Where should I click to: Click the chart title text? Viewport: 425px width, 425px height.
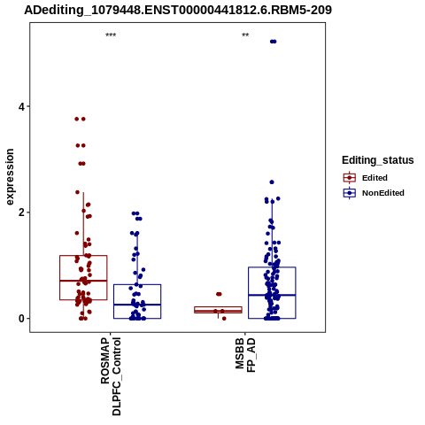[178, 10]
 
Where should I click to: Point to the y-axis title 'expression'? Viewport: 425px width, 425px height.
[10, 177]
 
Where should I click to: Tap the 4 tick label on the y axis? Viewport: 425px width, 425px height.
[21, 106]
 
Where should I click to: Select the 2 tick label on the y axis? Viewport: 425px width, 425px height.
[21, 212]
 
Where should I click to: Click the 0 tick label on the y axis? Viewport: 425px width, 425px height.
[21, 319]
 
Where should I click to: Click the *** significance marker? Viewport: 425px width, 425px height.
[111, 35]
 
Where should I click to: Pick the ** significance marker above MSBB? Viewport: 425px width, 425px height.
[245, 35]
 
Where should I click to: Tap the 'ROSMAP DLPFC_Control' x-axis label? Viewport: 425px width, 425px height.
[111, 376]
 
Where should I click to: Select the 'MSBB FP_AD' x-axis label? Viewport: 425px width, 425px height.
[245, 355]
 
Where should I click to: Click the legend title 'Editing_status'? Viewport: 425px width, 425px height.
[378, 160]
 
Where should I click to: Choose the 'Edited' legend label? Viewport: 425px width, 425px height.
[375, 178]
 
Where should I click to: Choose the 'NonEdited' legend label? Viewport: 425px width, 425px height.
[383, 193]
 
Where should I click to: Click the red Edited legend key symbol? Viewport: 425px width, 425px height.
[350, 178]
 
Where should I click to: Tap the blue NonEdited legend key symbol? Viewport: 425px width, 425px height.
[350, 193]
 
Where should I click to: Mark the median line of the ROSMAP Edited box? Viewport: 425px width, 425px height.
[83, 281]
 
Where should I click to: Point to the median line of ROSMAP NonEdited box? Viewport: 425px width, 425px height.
[137, 305]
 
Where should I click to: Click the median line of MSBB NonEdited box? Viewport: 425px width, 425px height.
[272, 295]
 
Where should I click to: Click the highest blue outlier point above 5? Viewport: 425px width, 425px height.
[274, 42]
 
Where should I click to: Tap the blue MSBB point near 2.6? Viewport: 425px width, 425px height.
[272, 182]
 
